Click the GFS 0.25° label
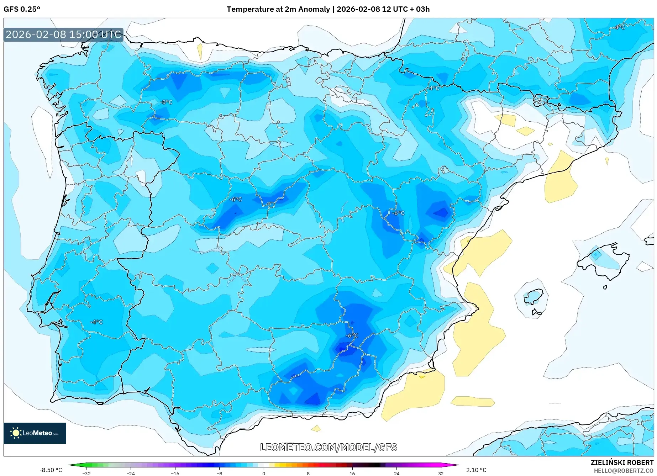22,9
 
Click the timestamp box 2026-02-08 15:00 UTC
63,35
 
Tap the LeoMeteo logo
35,433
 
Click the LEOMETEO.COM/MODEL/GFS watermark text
328,447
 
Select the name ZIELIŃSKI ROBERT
622,462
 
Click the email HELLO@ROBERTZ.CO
624,471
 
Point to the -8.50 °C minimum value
51,470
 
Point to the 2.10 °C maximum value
476,470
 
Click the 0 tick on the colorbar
264,473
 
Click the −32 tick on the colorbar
86,473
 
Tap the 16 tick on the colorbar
352,473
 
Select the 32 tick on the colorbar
441,473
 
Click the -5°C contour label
166,102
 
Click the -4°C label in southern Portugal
96,322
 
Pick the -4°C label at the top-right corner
618,27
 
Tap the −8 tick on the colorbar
220,473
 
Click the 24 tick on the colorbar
396,473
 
